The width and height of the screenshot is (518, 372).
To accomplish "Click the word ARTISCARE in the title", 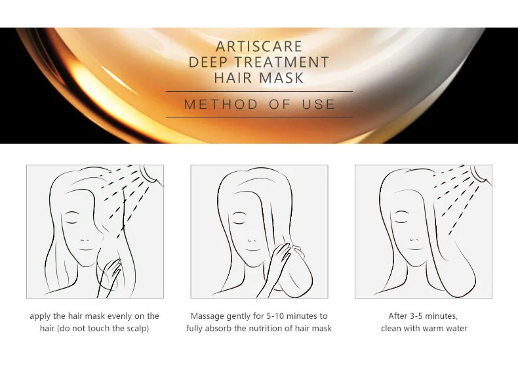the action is pos(259,47).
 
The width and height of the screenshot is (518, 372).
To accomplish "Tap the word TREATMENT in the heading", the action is pos(282,62).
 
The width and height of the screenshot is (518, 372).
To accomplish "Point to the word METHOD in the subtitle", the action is pos(221,104).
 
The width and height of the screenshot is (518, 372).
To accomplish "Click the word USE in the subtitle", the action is pos(319,104).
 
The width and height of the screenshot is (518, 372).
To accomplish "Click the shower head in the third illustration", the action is pos(480,174).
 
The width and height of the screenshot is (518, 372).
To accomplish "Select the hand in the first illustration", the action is pos(110,276).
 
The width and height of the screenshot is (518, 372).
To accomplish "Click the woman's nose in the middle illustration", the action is pos(252,239).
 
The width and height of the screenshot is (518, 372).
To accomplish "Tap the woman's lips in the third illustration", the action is pos(415,249).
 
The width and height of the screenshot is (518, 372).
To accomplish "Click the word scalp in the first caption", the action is pos(137,328).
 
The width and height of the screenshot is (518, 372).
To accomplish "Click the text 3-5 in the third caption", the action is pos(416,316).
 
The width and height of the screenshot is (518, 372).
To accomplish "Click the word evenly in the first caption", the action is pos(119,316).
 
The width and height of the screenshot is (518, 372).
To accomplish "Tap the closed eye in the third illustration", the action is pos(401,222).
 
